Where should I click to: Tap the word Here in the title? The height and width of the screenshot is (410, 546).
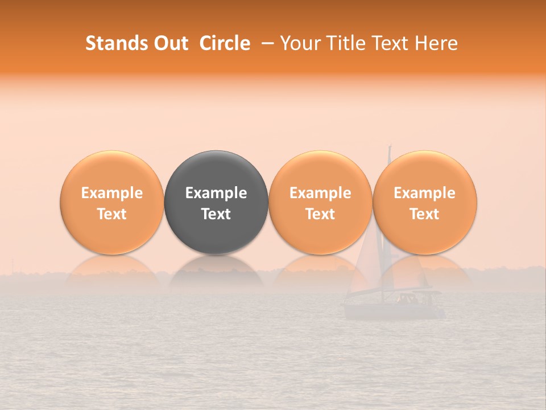tap(437, 43)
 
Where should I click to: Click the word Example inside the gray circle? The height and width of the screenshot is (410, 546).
tap(216, 193)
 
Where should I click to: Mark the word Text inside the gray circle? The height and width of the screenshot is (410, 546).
tap(216, 214)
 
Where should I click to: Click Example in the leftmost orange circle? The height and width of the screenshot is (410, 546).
tap(111, 193)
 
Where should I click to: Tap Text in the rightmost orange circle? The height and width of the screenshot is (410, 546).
tap(425, 214)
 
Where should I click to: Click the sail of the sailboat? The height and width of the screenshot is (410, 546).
tap(367, 262)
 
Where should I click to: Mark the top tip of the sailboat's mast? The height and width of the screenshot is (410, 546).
tap(390, 147)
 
